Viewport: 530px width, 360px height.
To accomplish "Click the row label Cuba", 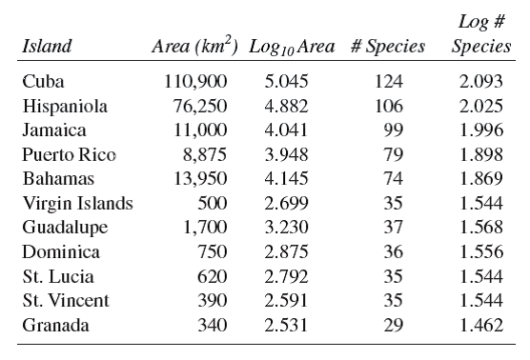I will point(39,81).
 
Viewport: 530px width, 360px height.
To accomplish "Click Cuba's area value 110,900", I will point(198,81).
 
